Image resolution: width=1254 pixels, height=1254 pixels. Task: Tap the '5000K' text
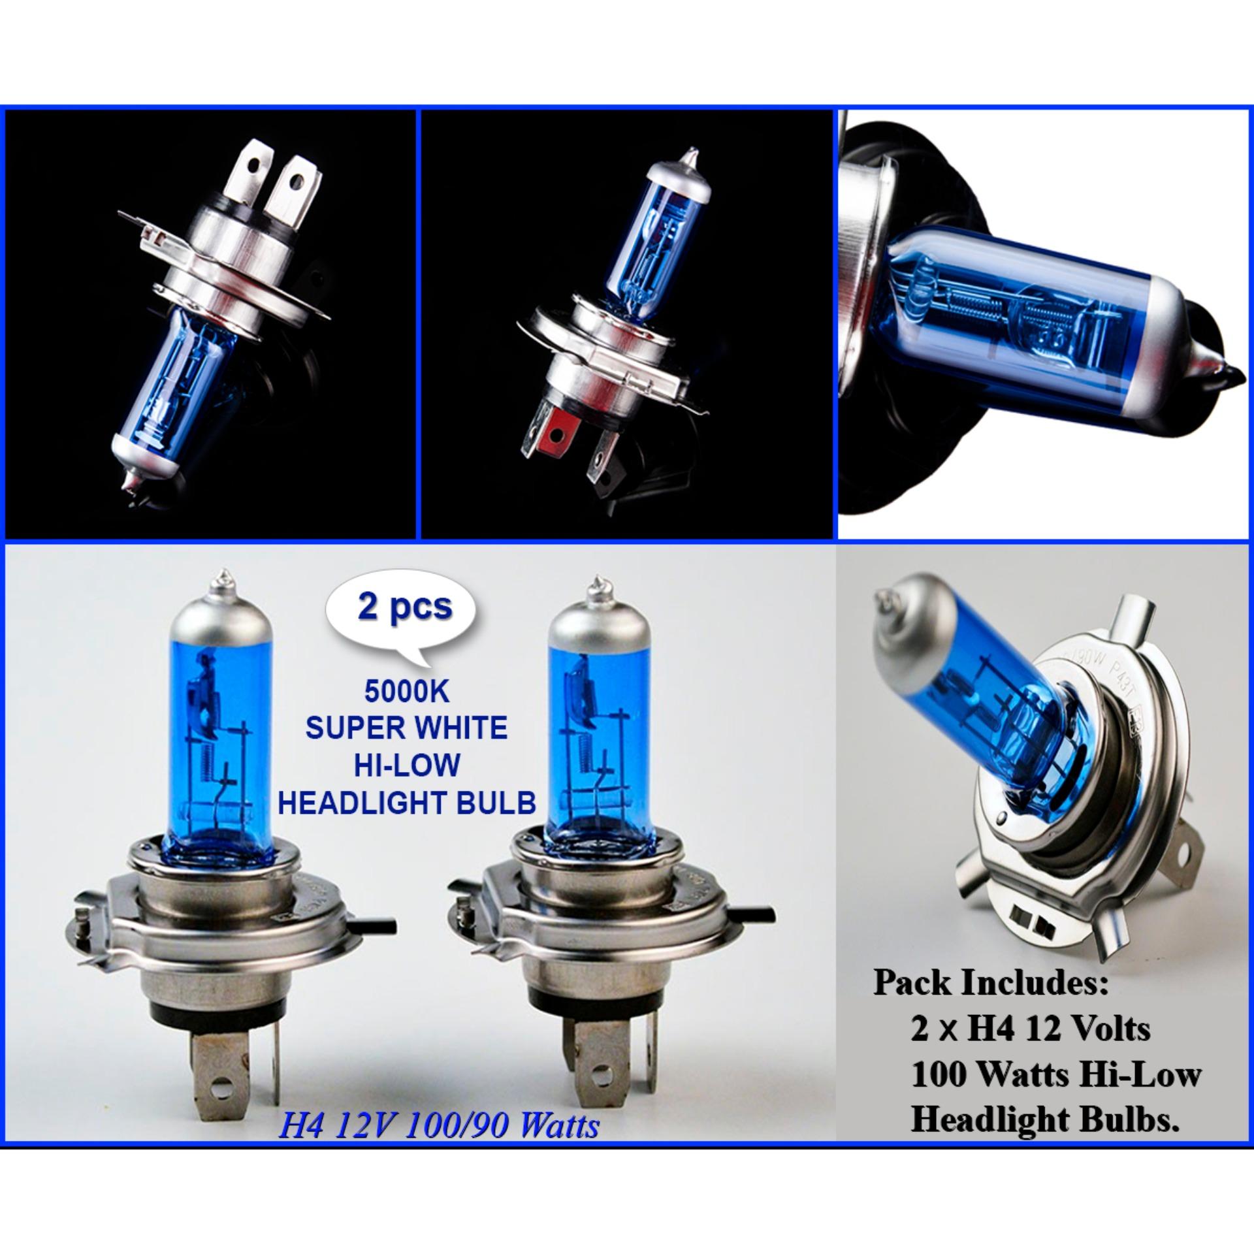click(x=407, y=693)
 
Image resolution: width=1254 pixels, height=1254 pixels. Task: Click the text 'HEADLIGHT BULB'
click(x=407, y=803)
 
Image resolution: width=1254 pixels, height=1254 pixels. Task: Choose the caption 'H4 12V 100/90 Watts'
click(x=438, y=1108)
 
